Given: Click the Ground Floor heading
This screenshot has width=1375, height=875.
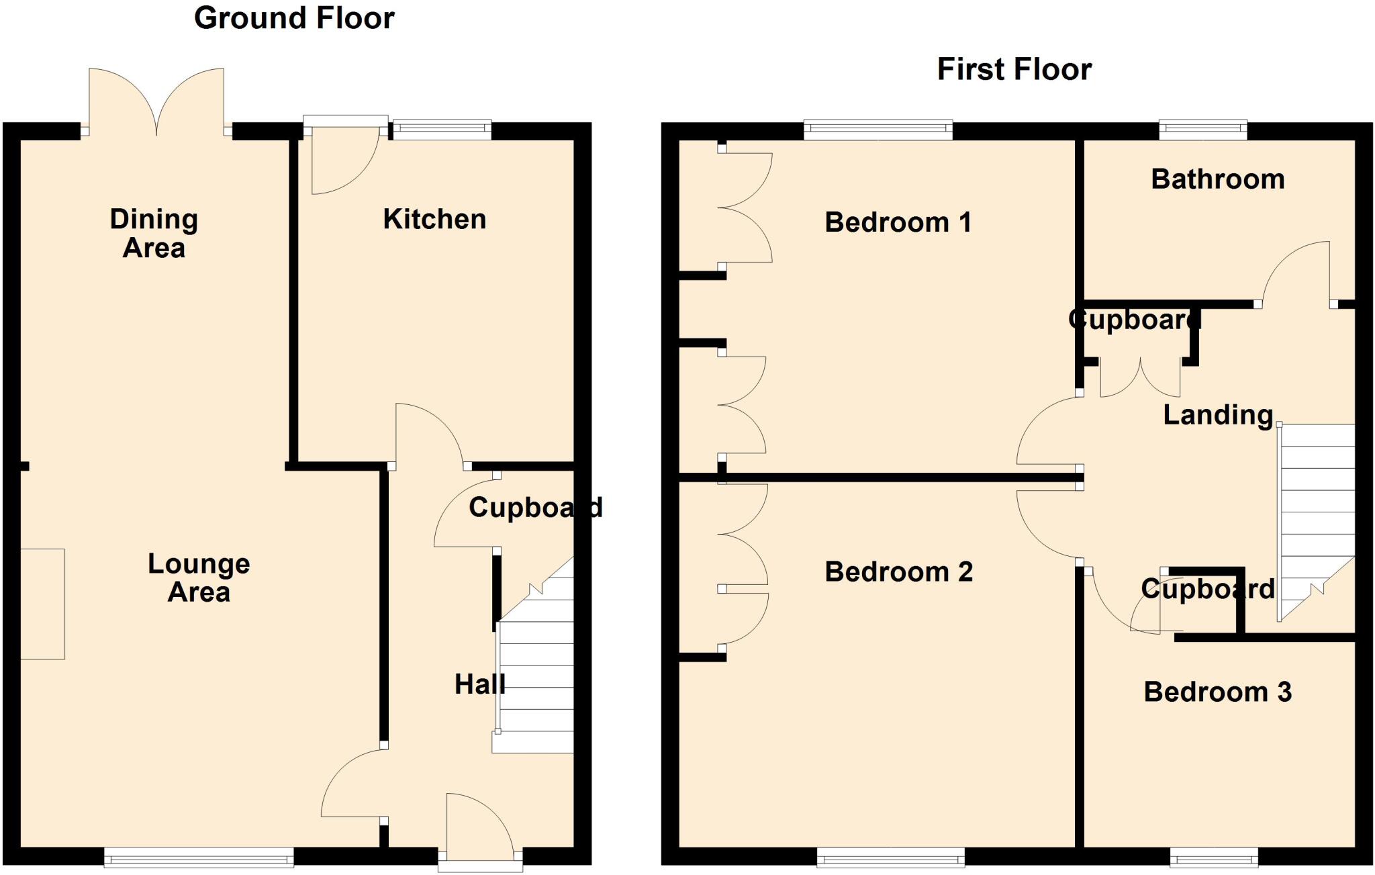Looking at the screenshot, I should (x=294, y=18).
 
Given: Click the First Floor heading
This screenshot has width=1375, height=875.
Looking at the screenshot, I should (x=1014, y=69).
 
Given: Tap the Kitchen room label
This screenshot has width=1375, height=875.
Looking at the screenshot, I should (x=434, y=219).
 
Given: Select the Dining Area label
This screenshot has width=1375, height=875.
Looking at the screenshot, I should (x=154, y=233).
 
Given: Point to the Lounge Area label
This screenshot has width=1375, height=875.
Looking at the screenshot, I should (x=199, y=578).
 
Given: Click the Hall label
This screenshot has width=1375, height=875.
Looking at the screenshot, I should (x=479, y=684).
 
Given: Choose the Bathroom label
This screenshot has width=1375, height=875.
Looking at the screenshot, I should (x=1217, y=179).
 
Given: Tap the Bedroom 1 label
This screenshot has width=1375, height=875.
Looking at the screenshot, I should (x=898, y=222).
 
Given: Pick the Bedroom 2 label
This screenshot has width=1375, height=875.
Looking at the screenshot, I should (x=898, y=572).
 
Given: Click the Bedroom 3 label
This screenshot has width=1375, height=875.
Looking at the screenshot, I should (x=1217, y=692).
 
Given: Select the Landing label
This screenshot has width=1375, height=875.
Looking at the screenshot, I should (x=1218, y=415).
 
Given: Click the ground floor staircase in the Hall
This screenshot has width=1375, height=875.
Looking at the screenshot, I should (x=535, y=678).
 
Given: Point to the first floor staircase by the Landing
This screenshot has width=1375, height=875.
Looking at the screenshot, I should (x=1317, y=510).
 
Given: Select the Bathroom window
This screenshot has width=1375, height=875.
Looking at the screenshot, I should (x=1202, y=130).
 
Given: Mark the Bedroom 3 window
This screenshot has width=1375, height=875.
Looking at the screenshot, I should (x=1214, y=857).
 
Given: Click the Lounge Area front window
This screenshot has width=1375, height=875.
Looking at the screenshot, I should (x=199, y=856).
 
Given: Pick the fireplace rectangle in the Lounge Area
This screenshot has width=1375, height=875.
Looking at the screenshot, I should (x=42, y=604).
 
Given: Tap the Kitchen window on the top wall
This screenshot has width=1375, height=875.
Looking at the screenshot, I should (x=442, y=130).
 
